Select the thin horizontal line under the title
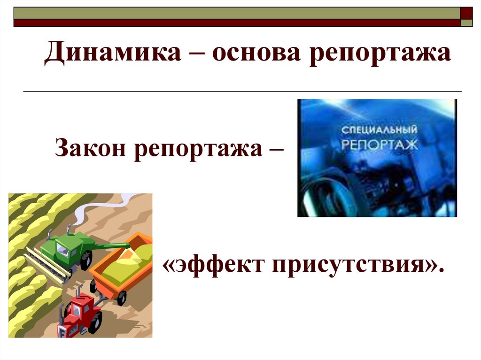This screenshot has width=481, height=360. coord(242,91)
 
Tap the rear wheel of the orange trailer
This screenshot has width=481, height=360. coord(121,297)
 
